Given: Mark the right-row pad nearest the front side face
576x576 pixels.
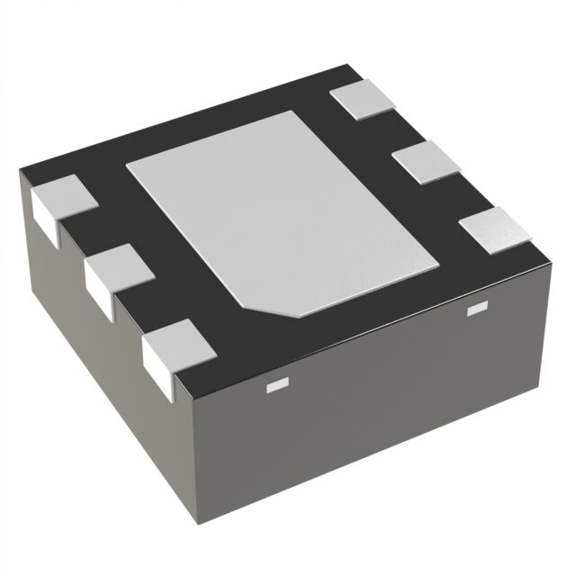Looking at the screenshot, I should pos(494,229).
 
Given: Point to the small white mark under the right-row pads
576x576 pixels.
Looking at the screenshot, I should pos(476,311).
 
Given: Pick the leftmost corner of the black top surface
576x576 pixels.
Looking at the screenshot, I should pos(21,174).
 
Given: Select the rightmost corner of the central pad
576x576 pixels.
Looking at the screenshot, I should pos(438,266).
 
